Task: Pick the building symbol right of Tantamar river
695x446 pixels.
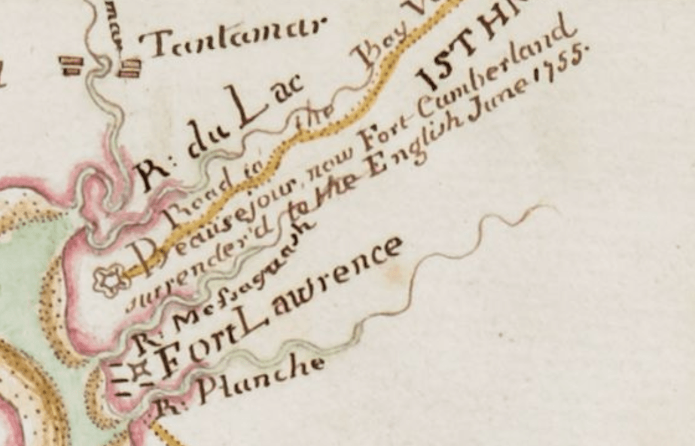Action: (130, 68)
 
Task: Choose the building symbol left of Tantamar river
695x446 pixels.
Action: (71, 65)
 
